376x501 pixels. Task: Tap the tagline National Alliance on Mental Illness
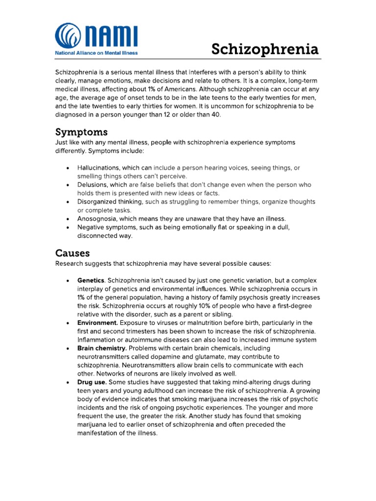click(96, 53)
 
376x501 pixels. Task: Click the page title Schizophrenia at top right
click(265, 49)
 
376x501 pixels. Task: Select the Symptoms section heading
click(81, 132)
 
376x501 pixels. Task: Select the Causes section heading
click(72, 253)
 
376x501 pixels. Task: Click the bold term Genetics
click(91, 280)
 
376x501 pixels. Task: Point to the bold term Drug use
click(92, 382)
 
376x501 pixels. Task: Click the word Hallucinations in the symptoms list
click(99, 168)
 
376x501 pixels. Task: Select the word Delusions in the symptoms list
click(93, 185)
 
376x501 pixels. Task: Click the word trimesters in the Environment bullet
click(131, 331)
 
